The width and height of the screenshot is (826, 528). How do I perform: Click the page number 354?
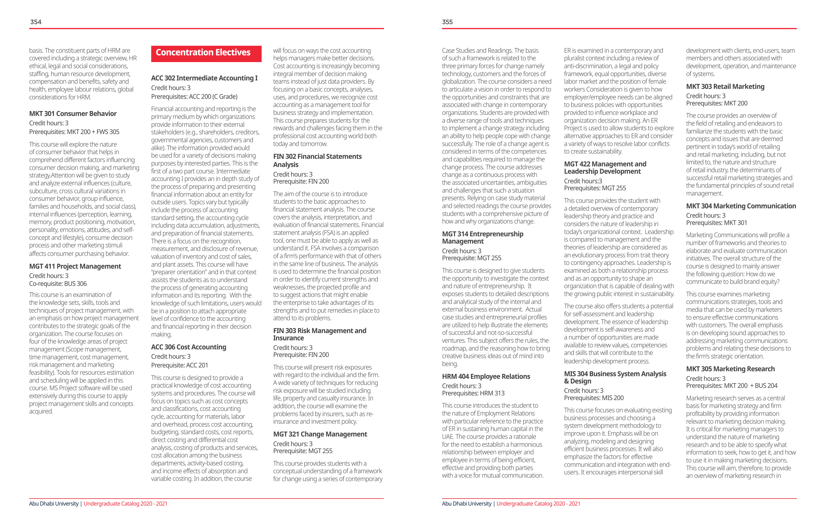[x=36, y=22]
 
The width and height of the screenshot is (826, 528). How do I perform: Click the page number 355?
[x=447, y=22]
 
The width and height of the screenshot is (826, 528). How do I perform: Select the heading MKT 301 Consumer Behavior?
[x=73, y=114]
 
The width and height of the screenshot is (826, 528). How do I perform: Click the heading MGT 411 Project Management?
[x=75, y=266]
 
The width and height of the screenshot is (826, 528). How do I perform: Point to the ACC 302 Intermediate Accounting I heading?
[x=204, y=78]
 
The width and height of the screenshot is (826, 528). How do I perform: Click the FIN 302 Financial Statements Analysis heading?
[x=317, y=160]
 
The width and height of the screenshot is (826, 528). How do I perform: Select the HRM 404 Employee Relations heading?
[x=486, y=376]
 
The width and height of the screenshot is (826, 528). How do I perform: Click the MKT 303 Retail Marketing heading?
[x=725, y=87]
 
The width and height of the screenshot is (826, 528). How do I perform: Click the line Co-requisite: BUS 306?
[x=58, y=284]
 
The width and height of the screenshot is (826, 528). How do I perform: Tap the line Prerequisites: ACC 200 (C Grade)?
[x=194, y=97]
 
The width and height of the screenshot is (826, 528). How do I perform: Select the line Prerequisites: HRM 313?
[x=473, y=393]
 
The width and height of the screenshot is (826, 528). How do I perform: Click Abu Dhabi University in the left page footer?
[x=54, y=504]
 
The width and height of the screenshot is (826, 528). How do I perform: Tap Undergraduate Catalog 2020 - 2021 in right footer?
[x=538, y=504]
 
